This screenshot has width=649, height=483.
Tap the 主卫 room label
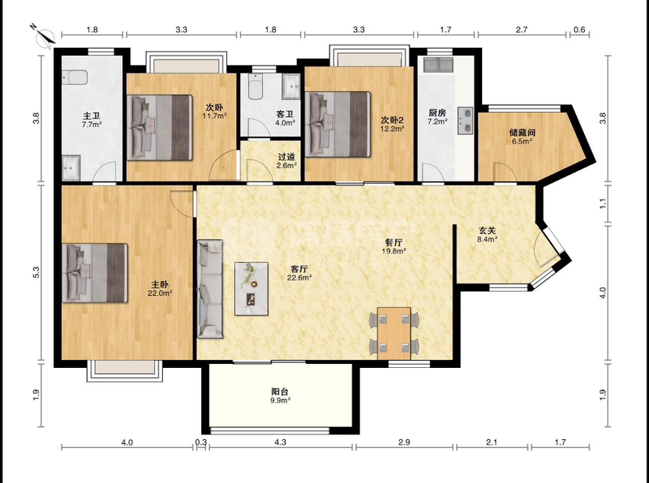pos(92,116)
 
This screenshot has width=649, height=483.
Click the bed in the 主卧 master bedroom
pos(95,273)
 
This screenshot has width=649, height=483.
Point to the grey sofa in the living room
pos(210,290)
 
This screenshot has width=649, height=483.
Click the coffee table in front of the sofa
pos(251,289)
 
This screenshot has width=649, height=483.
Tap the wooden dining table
pos(394,333)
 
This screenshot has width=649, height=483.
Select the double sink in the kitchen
pos(438,64)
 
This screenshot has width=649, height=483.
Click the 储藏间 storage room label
pos(522,132)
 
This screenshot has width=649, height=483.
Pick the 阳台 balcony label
pos(280,391)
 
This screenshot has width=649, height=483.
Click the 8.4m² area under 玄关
pos(487,240)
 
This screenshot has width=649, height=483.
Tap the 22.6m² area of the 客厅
pos(299,278)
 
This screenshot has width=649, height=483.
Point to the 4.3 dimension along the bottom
pos(280,442)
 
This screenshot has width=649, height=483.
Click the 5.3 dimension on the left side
pos(37,272)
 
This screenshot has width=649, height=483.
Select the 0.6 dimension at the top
pos(580,30)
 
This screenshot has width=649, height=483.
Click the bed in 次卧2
pos(337,124)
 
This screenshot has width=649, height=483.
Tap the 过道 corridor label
pos(287,157)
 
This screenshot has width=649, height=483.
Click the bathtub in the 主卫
pos(75,77)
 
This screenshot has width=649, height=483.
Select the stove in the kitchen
pos(466,121)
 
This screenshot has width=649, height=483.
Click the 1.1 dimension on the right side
pos(603,204)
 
